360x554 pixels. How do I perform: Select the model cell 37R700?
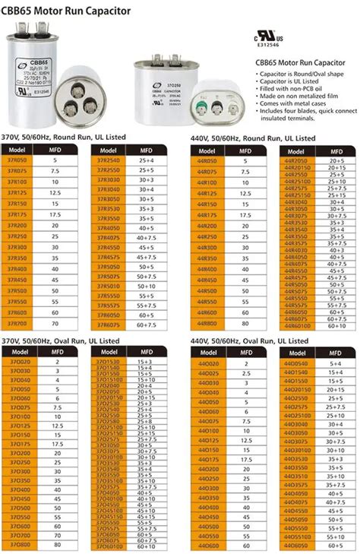tap(18, 323)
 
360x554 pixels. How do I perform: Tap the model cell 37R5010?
tap(109, 286)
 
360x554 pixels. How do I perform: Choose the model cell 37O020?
tap(18, 362)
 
